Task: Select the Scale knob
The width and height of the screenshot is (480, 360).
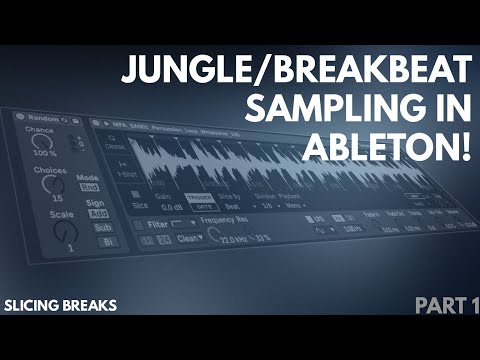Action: coord(67,231)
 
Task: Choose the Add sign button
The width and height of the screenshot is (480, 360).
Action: coord(98,214)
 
